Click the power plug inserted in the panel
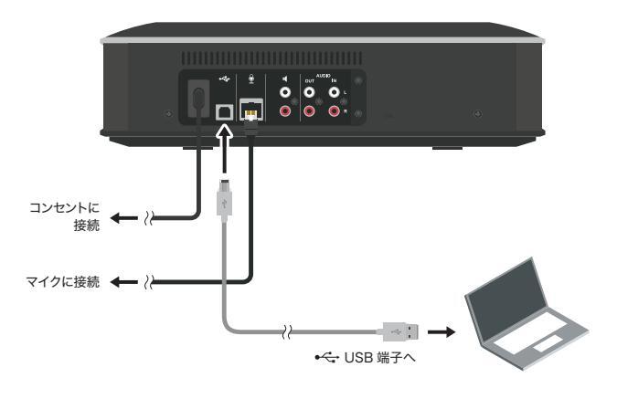point(195,97)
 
